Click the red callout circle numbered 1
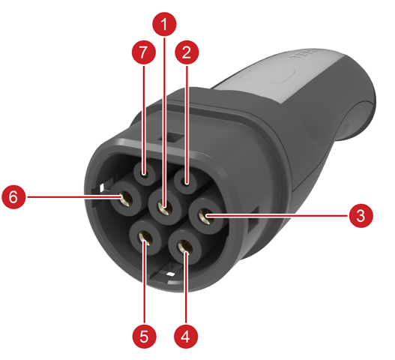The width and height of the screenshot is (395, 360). [x=164, y=24]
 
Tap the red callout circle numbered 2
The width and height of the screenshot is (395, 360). [x=187, y=52]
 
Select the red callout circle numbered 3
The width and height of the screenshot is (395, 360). [x=361, y=216]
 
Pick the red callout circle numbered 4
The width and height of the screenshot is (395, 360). [x=186, y=337]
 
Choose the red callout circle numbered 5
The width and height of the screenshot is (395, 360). [x=145, y=337]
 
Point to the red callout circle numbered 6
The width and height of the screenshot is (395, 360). [x=13, y=196]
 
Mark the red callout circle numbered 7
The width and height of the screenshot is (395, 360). [x=144, y=52]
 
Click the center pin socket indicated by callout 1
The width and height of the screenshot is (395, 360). [x=165, y=207]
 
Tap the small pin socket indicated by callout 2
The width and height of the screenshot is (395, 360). [x=186, y=181]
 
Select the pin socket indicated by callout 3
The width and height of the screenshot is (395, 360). [x=206, y=216]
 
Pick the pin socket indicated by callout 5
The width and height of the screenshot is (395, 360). [x=145, y=238]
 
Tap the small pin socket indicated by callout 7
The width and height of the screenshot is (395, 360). [x=145, y=173]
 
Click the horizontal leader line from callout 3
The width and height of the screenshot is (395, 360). [x=277, y=216]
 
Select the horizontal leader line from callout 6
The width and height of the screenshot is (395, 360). [x=73, y=197]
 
